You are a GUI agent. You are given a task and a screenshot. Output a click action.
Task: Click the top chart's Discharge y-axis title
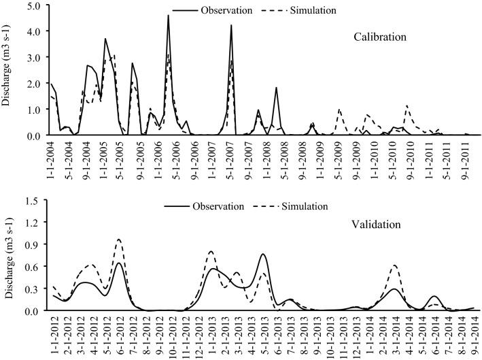coord(8,70)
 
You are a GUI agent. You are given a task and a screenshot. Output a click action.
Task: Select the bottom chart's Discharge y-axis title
coord(8,255)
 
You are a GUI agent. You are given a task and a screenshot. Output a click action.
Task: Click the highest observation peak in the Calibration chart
coord(168,16)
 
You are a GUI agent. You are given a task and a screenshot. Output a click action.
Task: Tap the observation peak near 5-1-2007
coord(231,26)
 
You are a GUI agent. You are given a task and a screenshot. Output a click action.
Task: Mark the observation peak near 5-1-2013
coord(263,255)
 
